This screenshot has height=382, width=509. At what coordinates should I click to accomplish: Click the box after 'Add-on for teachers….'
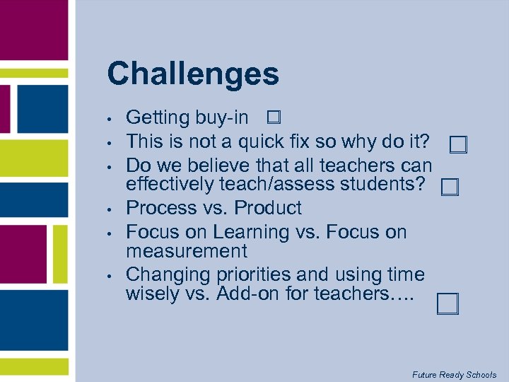click(x=447, y=303)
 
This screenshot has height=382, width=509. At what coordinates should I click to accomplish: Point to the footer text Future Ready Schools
click(x=455, y=374)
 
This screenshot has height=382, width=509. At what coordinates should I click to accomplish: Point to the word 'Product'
click(x=268, y=208)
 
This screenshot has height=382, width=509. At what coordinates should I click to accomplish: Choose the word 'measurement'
click(x=187, y=251)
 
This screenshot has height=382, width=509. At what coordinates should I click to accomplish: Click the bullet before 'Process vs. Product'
click(x=110, y=209)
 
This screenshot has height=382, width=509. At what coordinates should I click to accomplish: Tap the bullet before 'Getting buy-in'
click(x=110, y=119)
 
